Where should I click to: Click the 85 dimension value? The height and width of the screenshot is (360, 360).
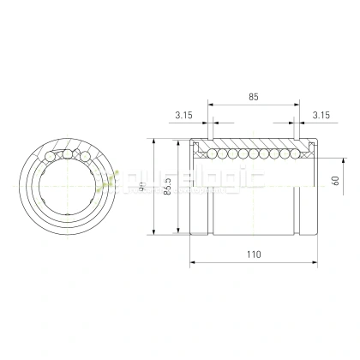(252, 98)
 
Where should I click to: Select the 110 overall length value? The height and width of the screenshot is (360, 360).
(253, 255)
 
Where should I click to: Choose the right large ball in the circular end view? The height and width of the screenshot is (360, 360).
(84, 154)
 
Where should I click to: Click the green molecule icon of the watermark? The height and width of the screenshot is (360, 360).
(107, 181)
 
